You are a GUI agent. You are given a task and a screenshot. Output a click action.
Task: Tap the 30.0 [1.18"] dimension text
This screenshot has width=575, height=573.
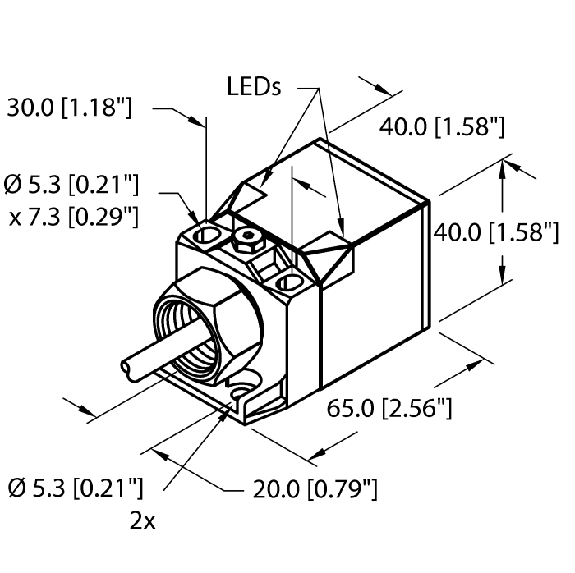(x=69, y=108)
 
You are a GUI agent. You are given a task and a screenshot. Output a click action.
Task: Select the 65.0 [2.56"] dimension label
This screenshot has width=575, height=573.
(x=389, y=406)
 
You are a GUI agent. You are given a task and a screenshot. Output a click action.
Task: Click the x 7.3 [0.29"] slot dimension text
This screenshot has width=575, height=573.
(x=73, y=216)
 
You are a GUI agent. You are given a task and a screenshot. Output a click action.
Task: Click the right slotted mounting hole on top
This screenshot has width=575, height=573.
(x=290, y=283)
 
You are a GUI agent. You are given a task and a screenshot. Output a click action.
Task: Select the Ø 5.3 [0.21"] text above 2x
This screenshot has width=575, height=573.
(x=75, y=490)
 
